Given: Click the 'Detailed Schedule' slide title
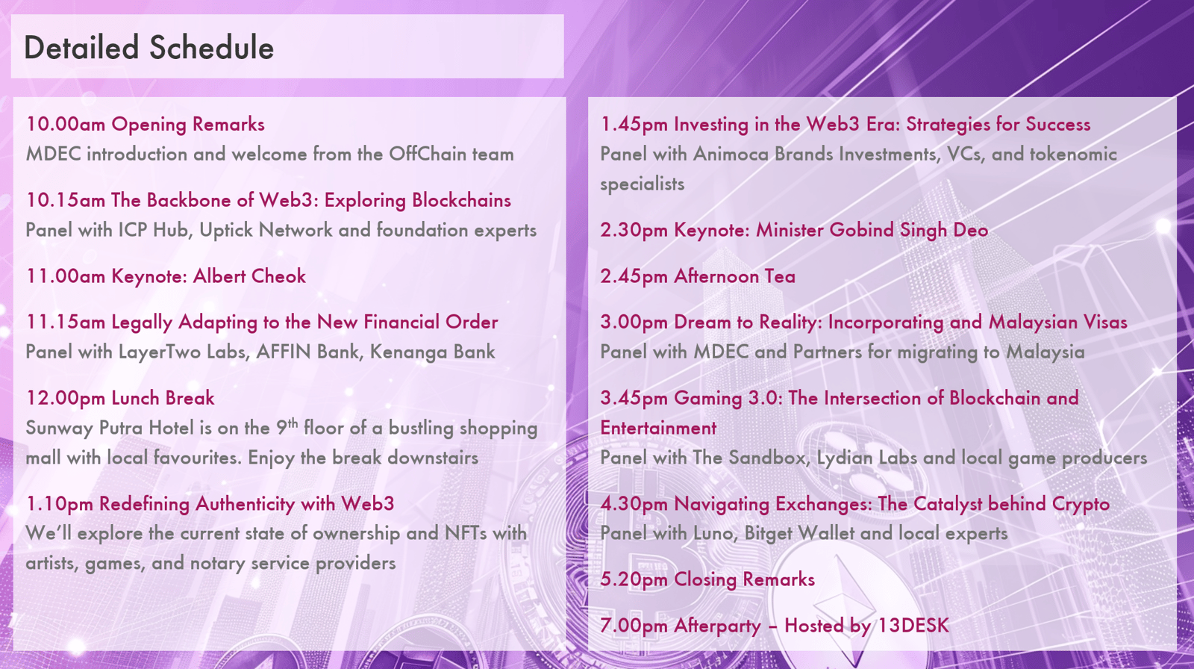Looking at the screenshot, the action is click(x=149, y=48).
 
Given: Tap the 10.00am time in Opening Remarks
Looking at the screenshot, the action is click(x=66, y=124).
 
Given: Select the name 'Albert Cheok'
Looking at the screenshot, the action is click(x=249, y=276).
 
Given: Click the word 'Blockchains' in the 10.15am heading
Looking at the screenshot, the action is click(x=462, y=201).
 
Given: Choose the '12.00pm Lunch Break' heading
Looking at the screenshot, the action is click(x=120, y=398).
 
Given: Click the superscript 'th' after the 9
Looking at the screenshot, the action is click(x=293, y=423).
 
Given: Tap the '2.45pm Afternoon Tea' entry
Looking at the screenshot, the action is click(x=698, y=276).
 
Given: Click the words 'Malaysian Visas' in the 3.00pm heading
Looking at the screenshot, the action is click(x=1058, y=323).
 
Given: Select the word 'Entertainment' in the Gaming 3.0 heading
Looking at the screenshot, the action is click(x=658, y=428).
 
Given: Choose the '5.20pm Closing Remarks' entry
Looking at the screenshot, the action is click(x=707, y=579).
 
